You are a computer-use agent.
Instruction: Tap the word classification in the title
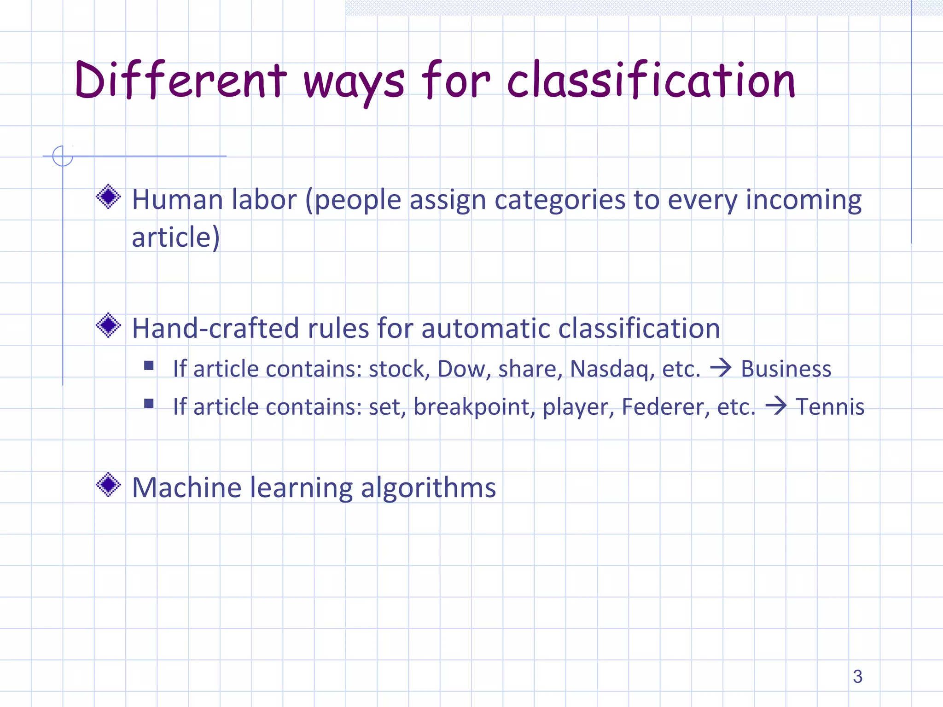651,81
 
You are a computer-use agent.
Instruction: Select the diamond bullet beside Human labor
108,197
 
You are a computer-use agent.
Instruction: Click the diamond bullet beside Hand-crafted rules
108,325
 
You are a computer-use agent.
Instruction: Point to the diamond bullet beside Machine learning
108,485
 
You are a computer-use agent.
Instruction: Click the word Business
786,369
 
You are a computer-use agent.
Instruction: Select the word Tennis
830,407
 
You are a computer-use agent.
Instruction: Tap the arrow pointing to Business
721,368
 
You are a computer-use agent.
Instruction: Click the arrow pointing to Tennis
776,406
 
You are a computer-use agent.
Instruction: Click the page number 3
857,677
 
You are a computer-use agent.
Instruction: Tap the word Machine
186,487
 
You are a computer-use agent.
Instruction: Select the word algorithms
428,488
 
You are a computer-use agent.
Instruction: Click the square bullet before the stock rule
149,366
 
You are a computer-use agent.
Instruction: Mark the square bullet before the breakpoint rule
149,404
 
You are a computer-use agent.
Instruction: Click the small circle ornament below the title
63,156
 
